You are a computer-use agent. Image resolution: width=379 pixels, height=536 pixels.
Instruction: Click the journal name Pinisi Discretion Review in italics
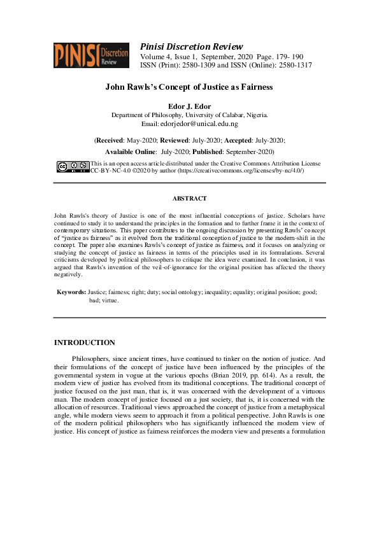[x=191, y=46]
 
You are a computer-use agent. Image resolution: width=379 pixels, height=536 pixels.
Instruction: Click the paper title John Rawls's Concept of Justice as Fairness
[x=189, y=87]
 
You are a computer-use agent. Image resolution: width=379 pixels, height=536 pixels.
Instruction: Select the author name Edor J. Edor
[x=189, y=106]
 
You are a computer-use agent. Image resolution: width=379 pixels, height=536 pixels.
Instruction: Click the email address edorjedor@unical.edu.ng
[x=199, y=124]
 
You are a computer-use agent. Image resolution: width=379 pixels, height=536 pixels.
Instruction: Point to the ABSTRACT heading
[x=189, y=199]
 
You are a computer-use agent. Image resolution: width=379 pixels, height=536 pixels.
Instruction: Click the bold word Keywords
[x=71, y=291]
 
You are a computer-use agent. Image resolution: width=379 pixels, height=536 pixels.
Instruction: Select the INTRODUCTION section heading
[x=85, y=342]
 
